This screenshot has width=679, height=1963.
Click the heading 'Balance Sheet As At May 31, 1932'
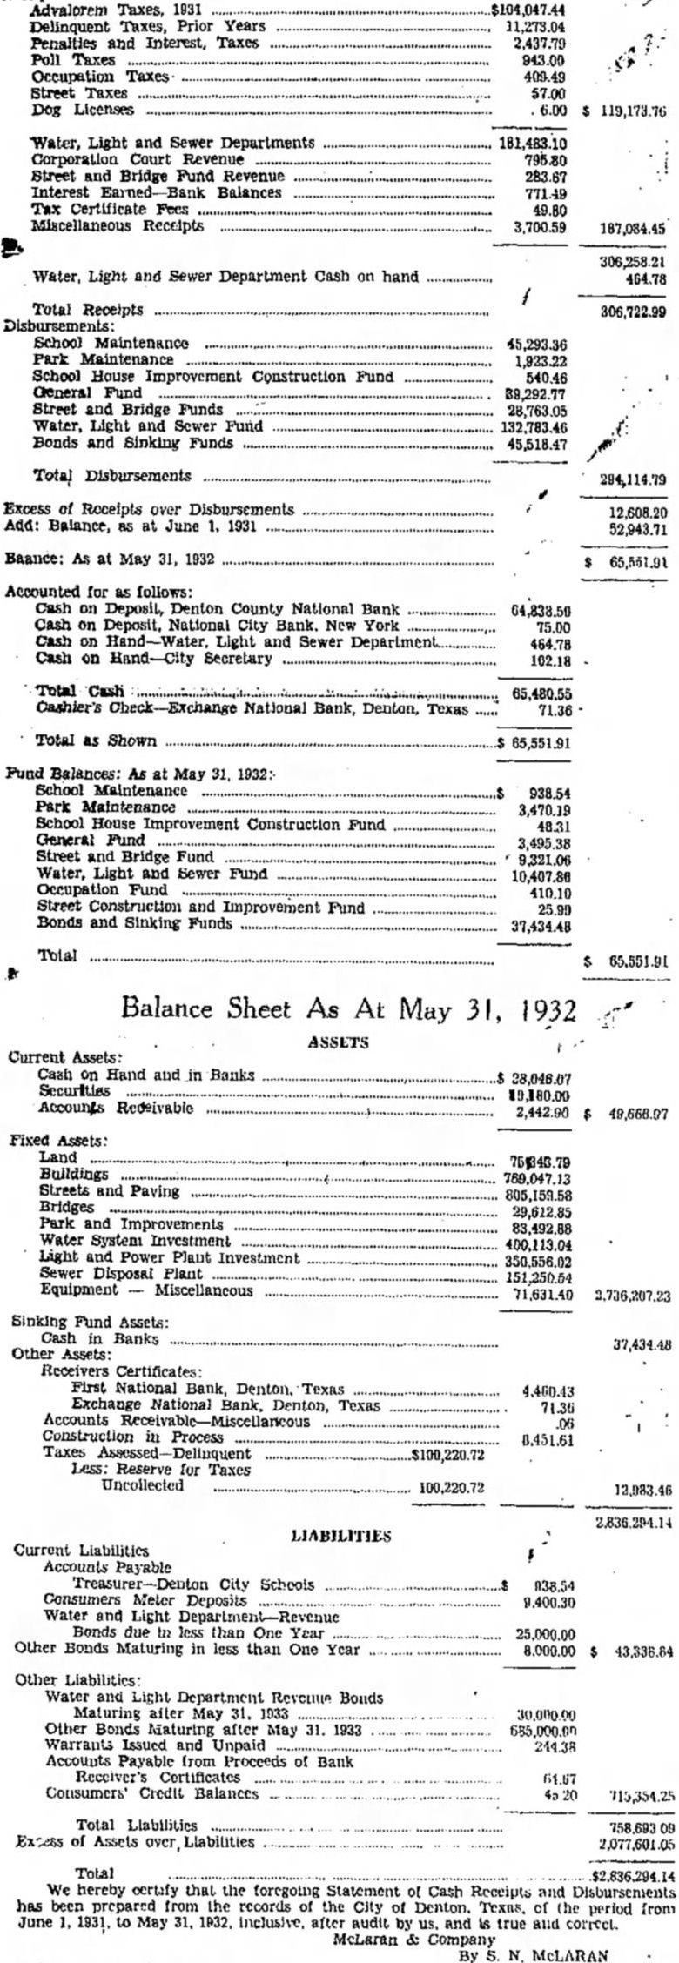click(x=348, y=1010)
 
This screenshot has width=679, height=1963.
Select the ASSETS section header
click(x=338, y=1042)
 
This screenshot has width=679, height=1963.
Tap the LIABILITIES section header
click(x=340, y=1536)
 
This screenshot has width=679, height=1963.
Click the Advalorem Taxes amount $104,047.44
click(x=528, y=10)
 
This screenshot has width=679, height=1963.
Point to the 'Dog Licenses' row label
click(x=83, y=110)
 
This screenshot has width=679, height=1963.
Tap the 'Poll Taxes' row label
click(x=73, y=60)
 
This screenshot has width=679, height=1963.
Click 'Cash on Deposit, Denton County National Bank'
click(x=218, y=610)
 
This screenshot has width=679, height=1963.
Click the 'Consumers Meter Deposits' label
click(x=145, y=1600)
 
